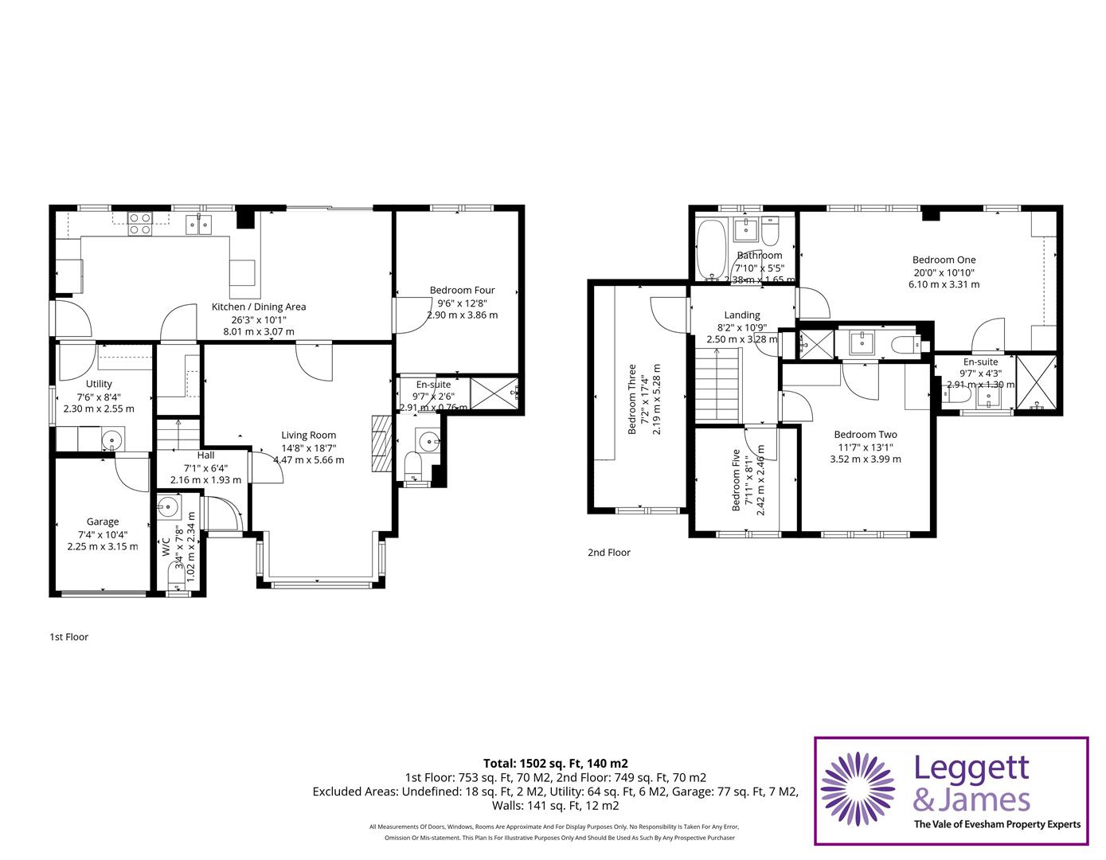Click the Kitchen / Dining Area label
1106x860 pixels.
coord(258,307)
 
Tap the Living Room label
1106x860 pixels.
coord(308,435)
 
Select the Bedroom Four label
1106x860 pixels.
coord(462,291)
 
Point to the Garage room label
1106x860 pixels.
coord(103,522)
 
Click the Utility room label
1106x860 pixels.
coord(100,384)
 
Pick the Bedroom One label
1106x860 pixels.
coord(944,260)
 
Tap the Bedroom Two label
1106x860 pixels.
coord(866,434)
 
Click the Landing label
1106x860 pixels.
coord(741,315)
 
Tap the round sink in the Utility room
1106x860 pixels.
coord(113,439)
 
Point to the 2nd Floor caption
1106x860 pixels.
coord(608,552)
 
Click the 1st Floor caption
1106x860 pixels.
coord(68,636)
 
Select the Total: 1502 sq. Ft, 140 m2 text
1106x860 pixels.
coord(555,763)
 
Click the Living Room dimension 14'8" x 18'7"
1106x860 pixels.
coord(308,448)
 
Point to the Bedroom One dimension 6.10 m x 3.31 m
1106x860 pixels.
coord(944,284)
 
